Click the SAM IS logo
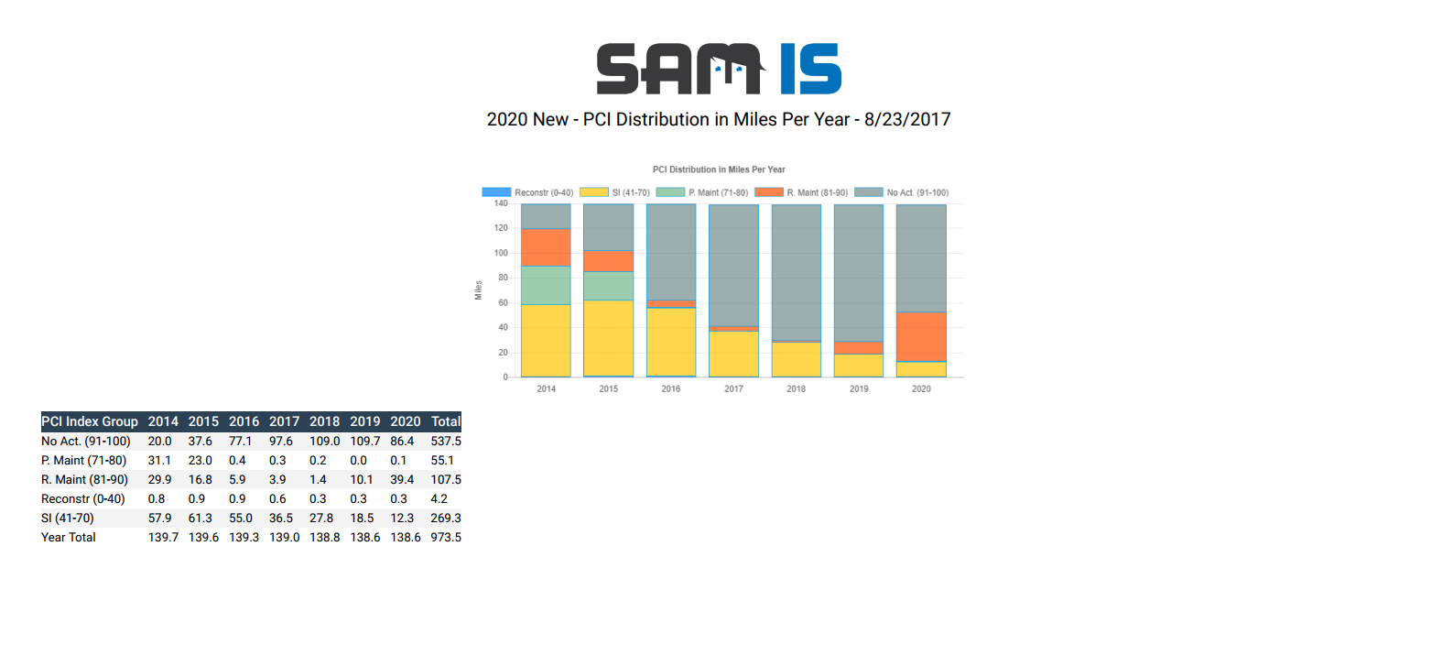pyautogui.click(x=719, y=69)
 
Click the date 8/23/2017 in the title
pyautogui.click(x=907, y=120)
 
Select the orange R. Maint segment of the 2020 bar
pyautogui.click(x=921, y=336)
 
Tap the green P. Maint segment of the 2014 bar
pyautogui.click(x=546, y=285)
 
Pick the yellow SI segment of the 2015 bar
pyautogui.click(x=609, y=337)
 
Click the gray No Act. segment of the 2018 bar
pyautogui.click(x=797, y=272)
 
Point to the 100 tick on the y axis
pyautogui.click(x=501, y=253)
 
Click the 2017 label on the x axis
pyautogui.click(x=733, y=389)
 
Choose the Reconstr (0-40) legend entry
pyautogui.click(x=528, y=192)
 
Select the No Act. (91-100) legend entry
pyautogui.click(x=902, y=192)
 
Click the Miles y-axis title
pyautogui.click(x=478, y=290)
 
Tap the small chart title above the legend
pyautogui.click(x=719, y=169)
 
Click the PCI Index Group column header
pyautogui.click(x=90, y=421)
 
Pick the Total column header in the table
pyautogui.click(x=446, y=421)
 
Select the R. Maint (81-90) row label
pyautogui.click(x=84, y=479)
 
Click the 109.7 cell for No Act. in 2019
pyautogui.click(x=364, y=441)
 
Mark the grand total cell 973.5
pyautogui.click(x=446, y=537)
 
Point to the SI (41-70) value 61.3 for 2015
pyautogui.click(x=201, y=518)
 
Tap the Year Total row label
pyautogui.click(x=69, y=537)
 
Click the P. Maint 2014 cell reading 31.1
pyautogui.click(x=159, y=460)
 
